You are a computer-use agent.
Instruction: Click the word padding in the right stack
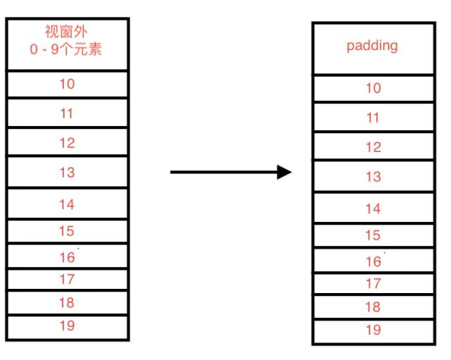[x=372, y=46]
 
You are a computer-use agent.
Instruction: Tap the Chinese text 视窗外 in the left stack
[x=66, y=32]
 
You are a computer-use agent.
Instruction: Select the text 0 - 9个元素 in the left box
[x=66, y=49]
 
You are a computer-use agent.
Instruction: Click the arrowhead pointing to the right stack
[x=284, y=172]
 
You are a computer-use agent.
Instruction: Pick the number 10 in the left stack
[x=67, y=84]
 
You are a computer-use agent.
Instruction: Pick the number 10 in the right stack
[x=373, y=88]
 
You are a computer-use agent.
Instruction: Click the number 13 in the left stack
[x=67, y=173]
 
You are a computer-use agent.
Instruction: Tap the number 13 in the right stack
[x=373, y=177]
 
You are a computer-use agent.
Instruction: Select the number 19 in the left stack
[x=67, y=325]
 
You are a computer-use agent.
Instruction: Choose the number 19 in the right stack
[x=373, y=330]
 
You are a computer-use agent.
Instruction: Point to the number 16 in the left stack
[x=67, y=257]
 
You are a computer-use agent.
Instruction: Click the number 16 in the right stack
[x=373, y=261]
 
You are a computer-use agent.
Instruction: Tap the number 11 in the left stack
[x=66, y=113]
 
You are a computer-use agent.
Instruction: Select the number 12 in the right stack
[x=373, y=147]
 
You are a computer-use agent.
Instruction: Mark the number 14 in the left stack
[x=67, y=204]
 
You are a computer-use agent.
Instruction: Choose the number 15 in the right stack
[x=373, y=235]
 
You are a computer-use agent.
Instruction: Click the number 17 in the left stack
[x=67, y=279]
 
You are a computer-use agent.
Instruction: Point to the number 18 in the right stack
[x=373, y=306]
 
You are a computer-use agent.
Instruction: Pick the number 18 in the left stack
[x=66, y=302]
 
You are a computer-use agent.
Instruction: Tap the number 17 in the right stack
[x=373, y=283]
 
